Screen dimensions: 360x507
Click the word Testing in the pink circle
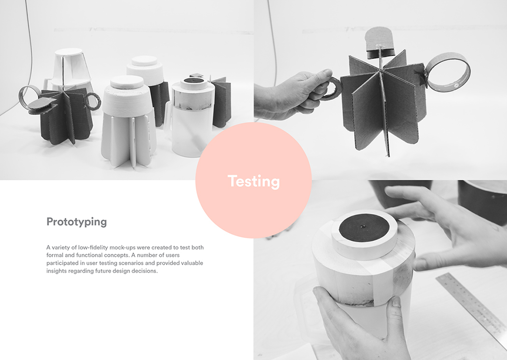click(253, 181)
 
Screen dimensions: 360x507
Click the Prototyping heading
click(76, 222)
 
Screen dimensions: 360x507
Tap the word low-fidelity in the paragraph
click(90, 248)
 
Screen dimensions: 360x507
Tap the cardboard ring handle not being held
click(449, 72)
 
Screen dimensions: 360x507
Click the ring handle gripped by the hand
click(331, 90)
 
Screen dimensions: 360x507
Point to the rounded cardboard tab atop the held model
click(379, 41)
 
